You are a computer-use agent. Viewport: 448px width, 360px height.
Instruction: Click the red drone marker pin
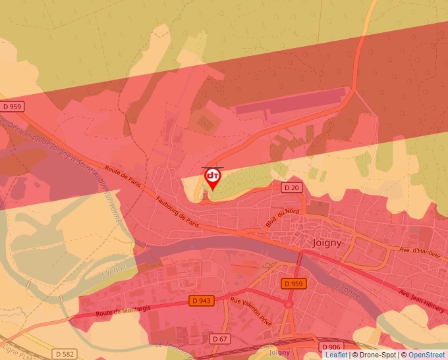coord(213,178)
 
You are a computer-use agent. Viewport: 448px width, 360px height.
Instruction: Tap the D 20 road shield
coord(291,188)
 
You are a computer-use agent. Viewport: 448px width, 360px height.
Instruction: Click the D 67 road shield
coord(220,338)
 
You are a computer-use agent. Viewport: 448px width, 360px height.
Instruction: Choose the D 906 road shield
coord(331,347)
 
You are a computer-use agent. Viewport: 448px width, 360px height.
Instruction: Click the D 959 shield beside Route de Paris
coord(12,106)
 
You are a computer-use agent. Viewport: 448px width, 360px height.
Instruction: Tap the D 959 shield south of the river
coord(294,284)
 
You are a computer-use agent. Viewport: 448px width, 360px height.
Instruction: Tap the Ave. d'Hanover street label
coord(420,251)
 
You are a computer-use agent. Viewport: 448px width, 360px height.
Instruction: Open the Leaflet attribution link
coord(336,355)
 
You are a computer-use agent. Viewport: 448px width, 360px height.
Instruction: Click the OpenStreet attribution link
coord(426,355)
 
